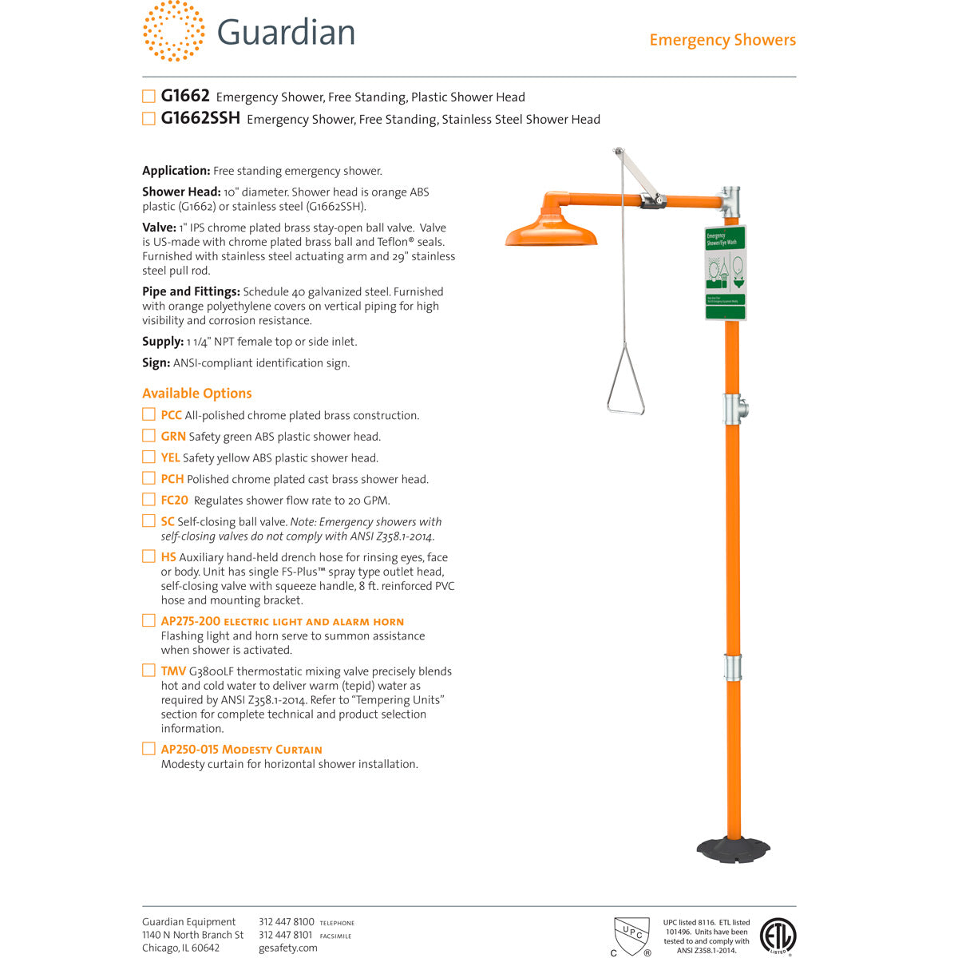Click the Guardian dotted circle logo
(173, 31)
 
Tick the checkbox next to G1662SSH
(148, 119)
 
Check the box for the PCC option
(148, 414)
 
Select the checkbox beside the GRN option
(148, 436)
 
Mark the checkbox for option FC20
(148, 500)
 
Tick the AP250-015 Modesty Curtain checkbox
(148, 749)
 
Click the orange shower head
(551, 228)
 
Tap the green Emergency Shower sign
(725, 272)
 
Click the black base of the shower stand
(733, 848)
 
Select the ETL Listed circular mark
(777, 936)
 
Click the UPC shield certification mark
(631, 935)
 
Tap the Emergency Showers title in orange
(722, 40)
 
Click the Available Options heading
(196, 393)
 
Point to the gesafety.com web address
(287, 948)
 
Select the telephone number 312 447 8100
(286, 922)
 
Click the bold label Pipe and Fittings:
(191, 291)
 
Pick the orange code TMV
(172, 671)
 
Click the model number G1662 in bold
(185, 96)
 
